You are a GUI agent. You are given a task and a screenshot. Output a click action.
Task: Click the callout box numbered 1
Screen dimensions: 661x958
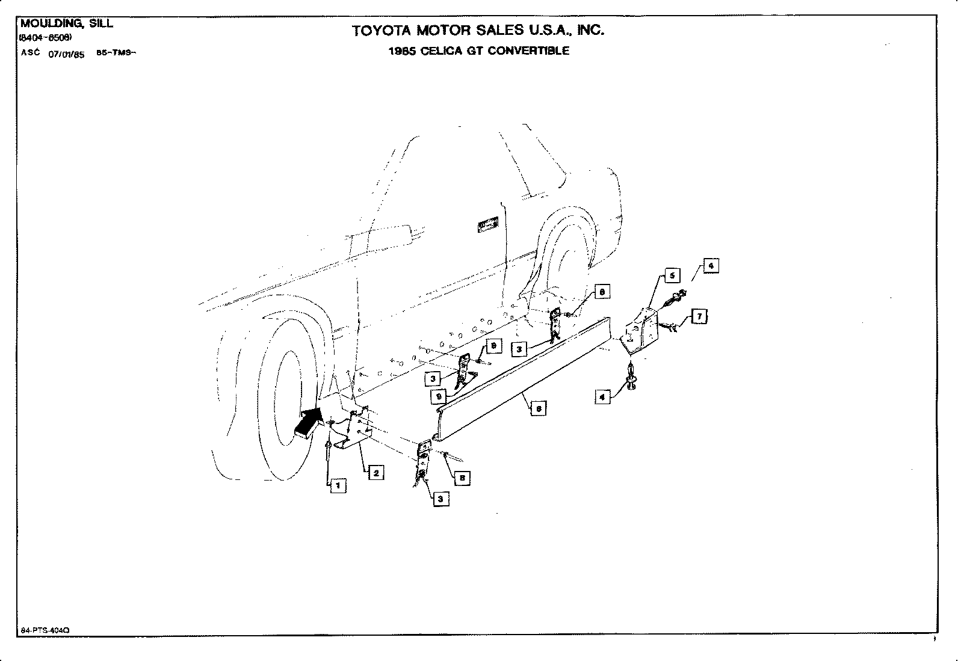[x=338, y=485]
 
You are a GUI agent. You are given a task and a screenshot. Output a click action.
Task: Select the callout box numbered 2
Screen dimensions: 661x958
[x=375, y=472]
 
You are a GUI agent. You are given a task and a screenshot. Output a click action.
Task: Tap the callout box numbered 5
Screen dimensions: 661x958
[x=672, y=275]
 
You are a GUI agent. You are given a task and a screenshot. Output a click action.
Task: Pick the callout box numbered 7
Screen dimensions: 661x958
[x=699, y=316]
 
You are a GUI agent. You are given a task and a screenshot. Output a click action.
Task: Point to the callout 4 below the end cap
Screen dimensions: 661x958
[x=602, y=396]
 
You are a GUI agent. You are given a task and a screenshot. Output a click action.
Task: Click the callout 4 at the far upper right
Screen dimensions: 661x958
[x=711, y=265]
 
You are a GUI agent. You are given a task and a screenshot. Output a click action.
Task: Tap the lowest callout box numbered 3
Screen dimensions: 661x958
[x=441, y=499]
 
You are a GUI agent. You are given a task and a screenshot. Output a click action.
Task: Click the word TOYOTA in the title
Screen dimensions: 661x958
[x=382, y=31]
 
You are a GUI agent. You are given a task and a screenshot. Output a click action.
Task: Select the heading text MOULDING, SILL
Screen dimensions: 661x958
[x=66, y=24]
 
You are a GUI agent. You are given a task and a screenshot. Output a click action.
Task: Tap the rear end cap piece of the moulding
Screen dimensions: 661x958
[x=639, y=331]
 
